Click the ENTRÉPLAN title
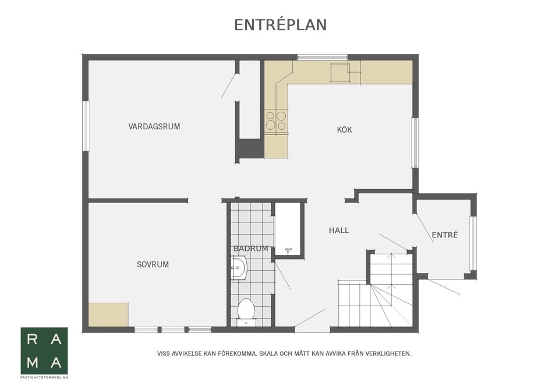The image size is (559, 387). (280, 25)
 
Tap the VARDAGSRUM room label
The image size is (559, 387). (154, 126)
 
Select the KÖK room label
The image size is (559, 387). (344, 130)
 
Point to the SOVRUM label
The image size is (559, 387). (153, 264)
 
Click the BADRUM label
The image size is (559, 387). (250, 248)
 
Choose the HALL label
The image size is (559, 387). (339, 230)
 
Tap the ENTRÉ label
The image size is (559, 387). (444, 235)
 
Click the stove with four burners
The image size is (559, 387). (276, 120)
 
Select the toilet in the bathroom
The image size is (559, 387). (246, 310)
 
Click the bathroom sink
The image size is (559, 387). (238, 269)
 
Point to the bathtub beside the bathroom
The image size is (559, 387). (287, 229)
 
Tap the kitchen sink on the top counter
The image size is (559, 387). (340, 73)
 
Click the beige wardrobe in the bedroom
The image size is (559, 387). (108, 315)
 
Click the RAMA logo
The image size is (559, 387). (44, 352)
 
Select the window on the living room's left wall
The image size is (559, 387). (86, 126)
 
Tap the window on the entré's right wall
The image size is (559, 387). (473, 243)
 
